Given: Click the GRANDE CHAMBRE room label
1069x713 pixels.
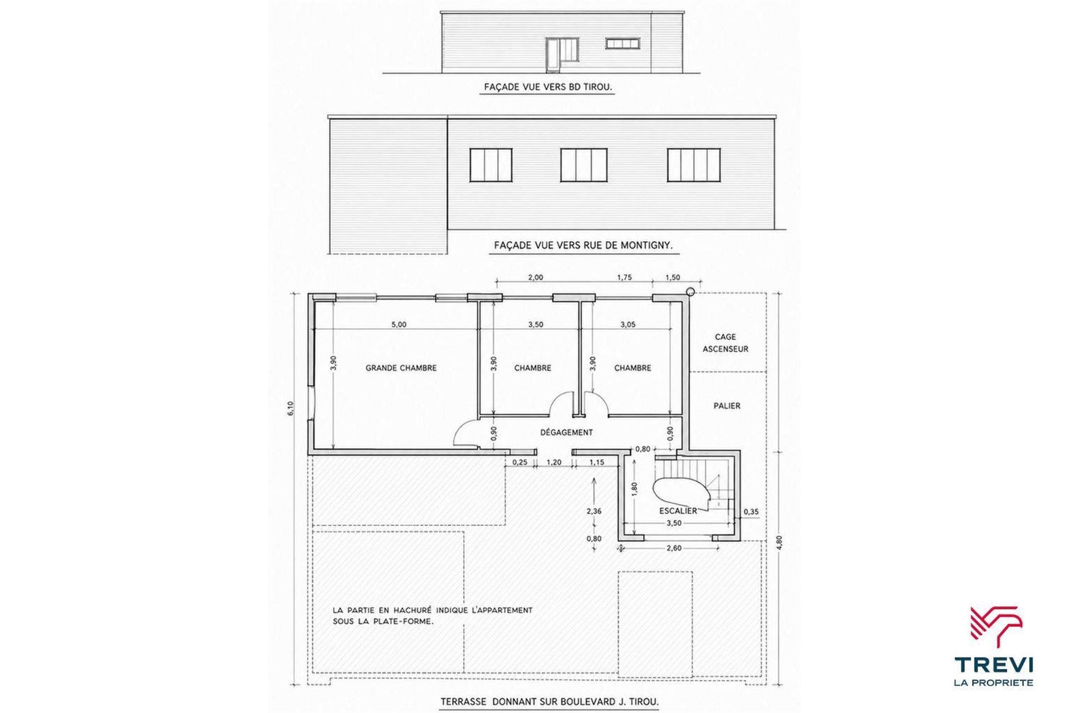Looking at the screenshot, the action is [401, 368].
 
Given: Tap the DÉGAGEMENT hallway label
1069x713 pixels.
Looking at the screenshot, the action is [566, 432].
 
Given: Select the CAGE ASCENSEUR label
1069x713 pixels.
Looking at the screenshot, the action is [725, 343].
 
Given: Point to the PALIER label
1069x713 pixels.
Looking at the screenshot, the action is [727, 406].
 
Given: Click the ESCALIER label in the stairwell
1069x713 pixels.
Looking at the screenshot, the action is [678, 511].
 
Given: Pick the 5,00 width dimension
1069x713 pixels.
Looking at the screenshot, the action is [399, 325].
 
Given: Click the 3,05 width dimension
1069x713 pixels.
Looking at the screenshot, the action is [627, 325].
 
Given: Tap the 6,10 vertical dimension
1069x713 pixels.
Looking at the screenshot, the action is [290, 409].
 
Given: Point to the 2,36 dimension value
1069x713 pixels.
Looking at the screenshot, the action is [594, 511].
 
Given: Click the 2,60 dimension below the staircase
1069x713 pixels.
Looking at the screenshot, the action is [674, 548].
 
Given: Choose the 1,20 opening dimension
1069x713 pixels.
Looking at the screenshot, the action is [553, 462].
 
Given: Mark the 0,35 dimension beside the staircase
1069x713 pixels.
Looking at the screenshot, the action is [751, 511].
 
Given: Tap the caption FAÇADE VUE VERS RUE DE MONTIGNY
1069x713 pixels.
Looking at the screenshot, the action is [583, 245].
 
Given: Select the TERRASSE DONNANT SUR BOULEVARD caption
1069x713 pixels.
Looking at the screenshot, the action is [550, 702].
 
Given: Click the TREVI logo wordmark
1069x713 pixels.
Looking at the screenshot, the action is [994, 665].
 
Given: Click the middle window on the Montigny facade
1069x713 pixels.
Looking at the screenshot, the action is [583, 165].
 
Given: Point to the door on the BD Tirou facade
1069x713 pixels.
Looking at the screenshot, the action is [163, 55].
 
